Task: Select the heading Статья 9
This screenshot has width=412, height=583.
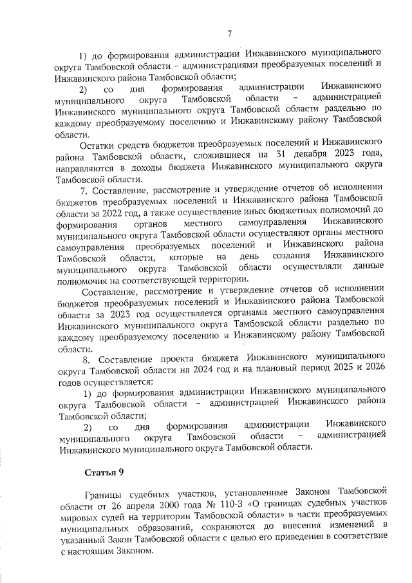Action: [x=104, y=473]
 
